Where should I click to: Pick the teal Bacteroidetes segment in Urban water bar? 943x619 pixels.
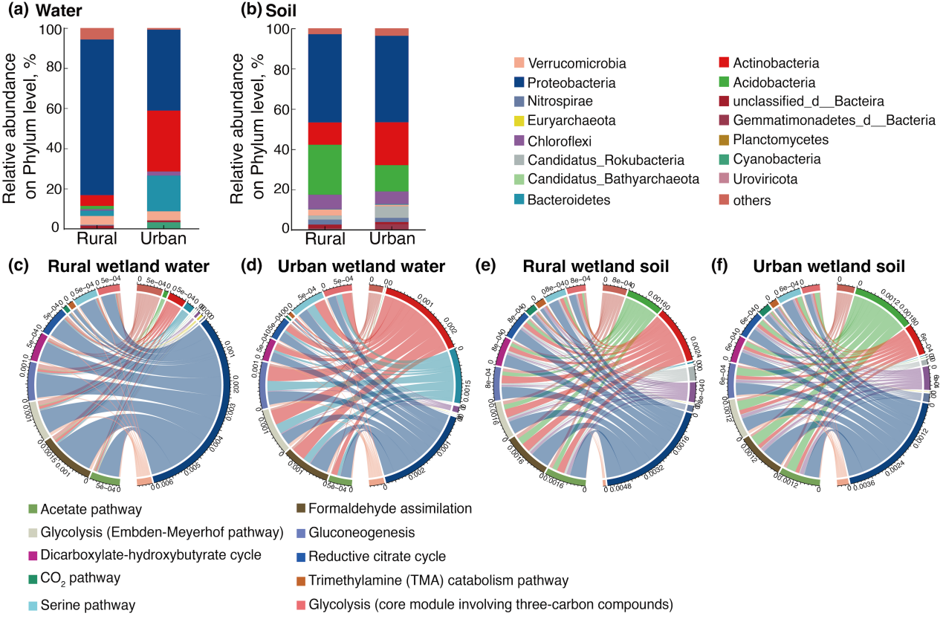(165, 192)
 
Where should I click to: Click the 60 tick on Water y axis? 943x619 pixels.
(53, 108)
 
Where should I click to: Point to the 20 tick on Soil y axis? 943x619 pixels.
(275, 189)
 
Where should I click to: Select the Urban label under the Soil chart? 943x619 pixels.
(392, 240)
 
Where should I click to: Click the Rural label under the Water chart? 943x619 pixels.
(97, 240)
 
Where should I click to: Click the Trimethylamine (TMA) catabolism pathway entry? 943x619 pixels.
(429, 580)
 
